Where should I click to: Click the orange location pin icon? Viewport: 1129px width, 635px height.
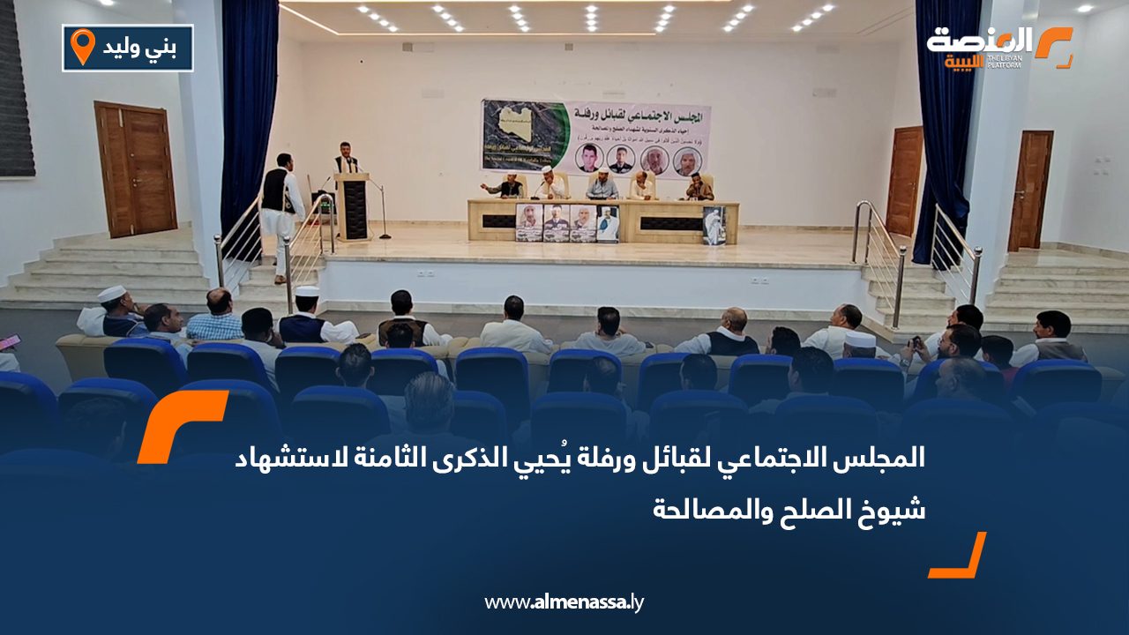click(82, 46)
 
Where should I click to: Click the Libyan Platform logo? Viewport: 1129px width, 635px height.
click(999, 47)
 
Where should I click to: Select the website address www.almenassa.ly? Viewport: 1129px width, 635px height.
click(564, 602)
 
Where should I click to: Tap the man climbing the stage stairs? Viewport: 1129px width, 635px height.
click(281, 212)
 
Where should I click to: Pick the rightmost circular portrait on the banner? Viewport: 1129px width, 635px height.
click(687, 161)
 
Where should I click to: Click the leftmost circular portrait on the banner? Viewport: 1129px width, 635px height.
click(587, 159)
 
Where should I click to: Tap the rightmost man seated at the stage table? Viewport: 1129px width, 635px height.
click(699, 187)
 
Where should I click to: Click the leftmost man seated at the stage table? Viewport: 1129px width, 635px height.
click(509, 186)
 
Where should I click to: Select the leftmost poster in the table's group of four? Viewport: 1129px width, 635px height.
click(528, 222)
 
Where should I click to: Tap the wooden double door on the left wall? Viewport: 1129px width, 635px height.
click(136, 169)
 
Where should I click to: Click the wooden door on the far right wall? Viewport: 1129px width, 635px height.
click(1030, 190)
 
